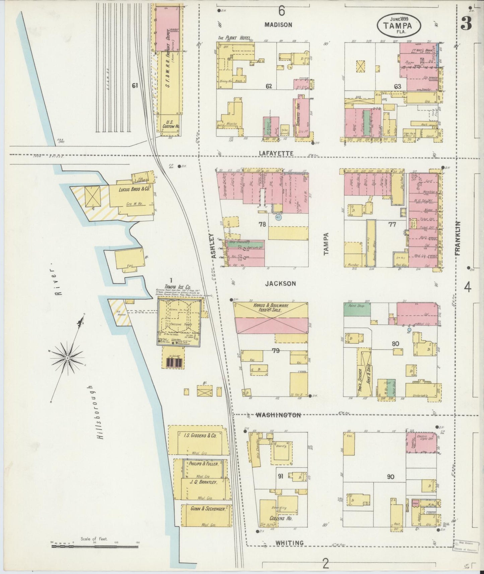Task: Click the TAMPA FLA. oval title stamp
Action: point(399,25)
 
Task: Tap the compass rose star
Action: point(68,358)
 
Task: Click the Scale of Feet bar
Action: point(95,547)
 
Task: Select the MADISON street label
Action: point(278,25)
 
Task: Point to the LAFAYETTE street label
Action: point(276,153)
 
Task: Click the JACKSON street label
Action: point(280,284)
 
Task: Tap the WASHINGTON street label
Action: point(278,415)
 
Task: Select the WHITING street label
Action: point(290,543)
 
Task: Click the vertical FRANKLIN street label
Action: point(458,238)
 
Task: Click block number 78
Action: point(262,224)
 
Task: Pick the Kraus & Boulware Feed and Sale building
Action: point(271,318)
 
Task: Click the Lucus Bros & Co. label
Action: point(134,189)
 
